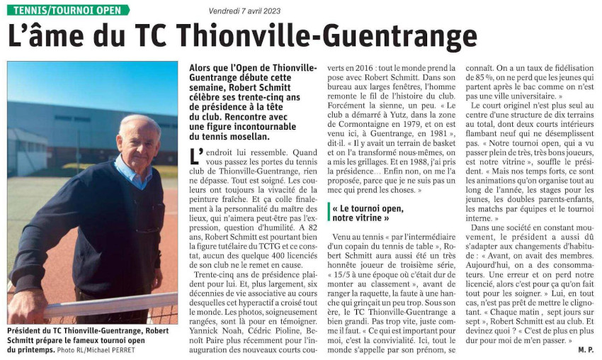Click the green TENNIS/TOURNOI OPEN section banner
tap(68, 10)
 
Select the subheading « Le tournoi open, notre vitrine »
tap(367, 213)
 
